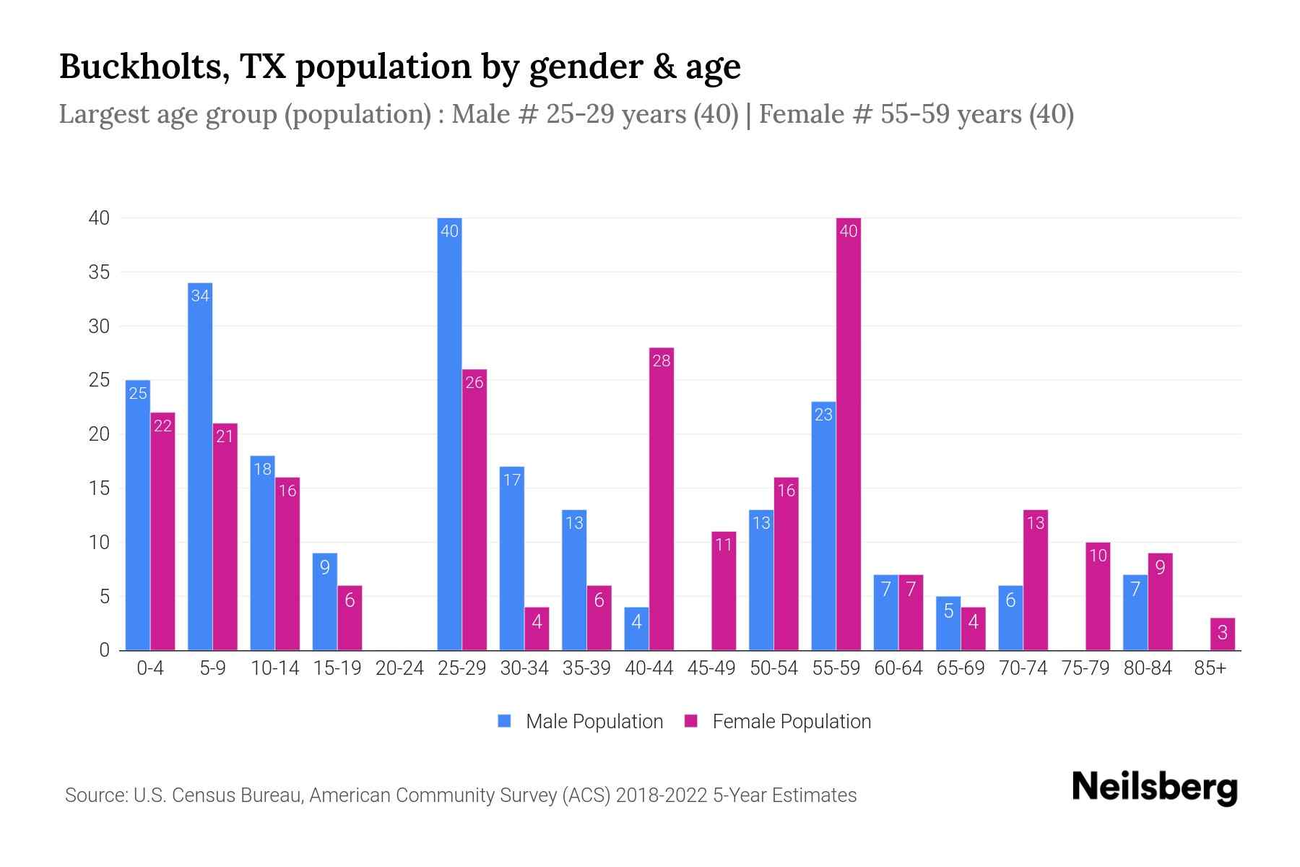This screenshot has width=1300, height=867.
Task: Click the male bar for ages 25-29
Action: tap(449, 433)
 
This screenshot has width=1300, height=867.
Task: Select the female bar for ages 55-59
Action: tap(848, 433)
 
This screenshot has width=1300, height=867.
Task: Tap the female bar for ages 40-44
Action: tap(661, 499)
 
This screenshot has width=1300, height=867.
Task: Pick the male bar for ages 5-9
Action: tap(200, 466)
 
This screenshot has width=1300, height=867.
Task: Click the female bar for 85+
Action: tap(1222, 634)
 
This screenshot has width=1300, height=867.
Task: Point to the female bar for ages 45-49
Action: tap(724, 591)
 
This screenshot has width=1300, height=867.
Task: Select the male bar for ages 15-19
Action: tap(325, 602)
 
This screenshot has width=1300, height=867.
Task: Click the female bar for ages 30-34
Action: tap(537, 629)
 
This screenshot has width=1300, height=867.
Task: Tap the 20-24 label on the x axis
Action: tap(399, 668)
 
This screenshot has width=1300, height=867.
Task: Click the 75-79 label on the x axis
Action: tap(1085, 668)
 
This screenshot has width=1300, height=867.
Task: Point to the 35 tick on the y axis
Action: tap(99, 272)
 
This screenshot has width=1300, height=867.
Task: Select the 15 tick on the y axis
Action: tap(99, 488)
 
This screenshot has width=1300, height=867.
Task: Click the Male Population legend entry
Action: tap(594, 722)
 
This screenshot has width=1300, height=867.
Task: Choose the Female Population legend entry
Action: tap(791, 722)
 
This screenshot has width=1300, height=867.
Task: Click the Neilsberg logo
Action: tap(1154, 788)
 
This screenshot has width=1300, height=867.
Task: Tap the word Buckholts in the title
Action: tap(144, 66)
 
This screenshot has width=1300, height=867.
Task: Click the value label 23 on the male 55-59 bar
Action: tap(823, 415)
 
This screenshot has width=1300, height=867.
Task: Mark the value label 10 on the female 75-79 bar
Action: tap(1097, 556)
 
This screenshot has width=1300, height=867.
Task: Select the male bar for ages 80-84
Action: tap(1135, 613)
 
